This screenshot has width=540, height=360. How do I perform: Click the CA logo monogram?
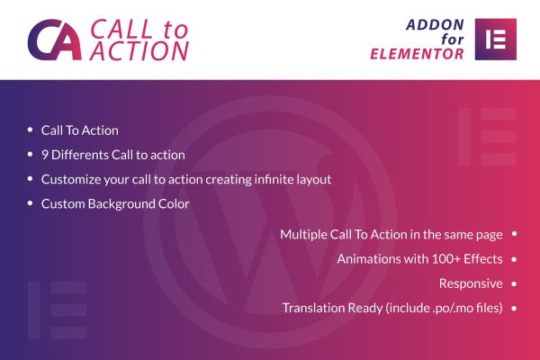tap(54, 40)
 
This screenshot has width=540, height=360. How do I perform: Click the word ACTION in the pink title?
tap(139, 51)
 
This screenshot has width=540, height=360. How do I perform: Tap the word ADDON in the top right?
tap(436, 25)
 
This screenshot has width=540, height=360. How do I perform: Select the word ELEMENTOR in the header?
tap(417, 54)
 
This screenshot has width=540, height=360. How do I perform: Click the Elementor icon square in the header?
tap(496, 40)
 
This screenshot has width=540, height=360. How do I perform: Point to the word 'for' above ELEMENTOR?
tap(453, 39)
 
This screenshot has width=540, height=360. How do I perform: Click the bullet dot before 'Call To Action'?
tap(30, 130)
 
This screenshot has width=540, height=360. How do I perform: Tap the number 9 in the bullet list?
tap(45, 155)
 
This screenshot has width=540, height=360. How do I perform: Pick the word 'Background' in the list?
tap(121, 204)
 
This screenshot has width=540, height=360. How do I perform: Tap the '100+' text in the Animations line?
tap(446, 259)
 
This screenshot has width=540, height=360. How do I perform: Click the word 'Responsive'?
tap(471, 283)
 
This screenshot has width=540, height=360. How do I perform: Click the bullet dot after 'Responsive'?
tap(514, 283)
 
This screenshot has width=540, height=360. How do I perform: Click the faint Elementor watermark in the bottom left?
tap(57, 310)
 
